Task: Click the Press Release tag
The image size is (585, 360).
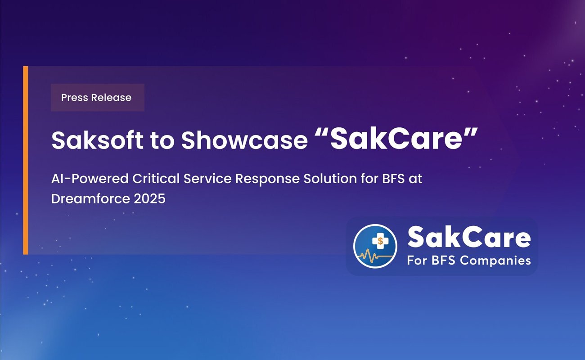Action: pos(98,98)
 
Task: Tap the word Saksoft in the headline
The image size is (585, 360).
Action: pos(97,140)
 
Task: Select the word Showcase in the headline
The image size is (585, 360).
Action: pos(245,140)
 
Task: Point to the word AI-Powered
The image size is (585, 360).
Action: pos(90,179)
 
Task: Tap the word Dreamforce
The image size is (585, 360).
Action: pos(90,198)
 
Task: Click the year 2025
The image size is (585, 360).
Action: pos(150,199)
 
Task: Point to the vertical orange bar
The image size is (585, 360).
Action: pos(26,160)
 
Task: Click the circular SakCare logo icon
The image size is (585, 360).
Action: pos(375,246)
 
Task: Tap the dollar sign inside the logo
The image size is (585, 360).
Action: pos(380,241)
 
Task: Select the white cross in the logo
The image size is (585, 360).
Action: pos(380,241)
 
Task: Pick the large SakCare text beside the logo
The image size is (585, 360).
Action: pos(469,237)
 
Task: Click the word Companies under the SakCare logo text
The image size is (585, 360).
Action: pos(495,261)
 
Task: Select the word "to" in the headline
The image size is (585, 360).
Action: pos(162,141)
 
